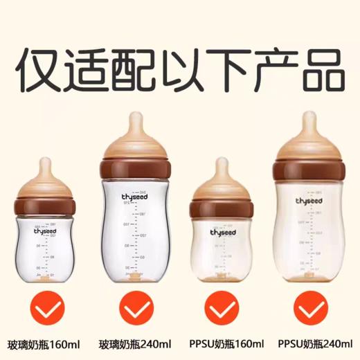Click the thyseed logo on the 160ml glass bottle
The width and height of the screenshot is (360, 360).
[46, 232]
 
